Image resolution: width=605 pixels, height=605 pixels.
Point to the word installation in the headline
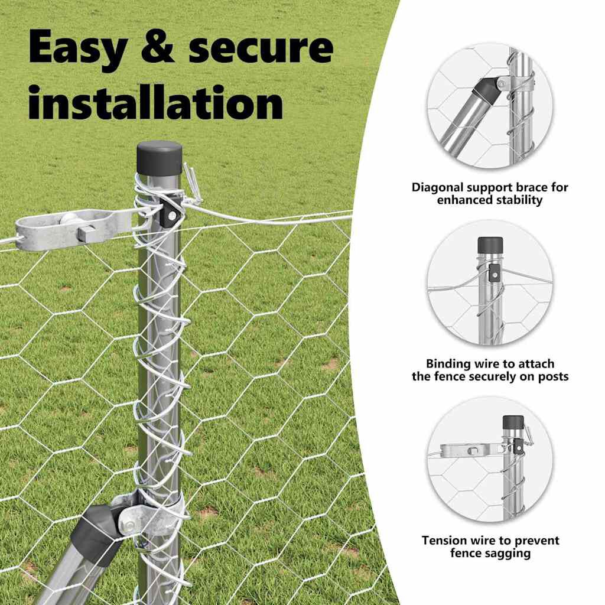pyautogui.click(x=155, y=103)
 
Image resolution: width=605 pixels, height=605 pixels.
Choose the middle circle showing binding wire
pyautogui.click(x=490, y=282)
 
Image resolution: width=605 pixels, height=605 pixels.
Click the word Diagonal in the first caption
pyautogui.click(x=438, y=188)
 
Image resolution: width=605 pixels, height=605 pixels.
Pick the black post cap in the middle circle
pyautogui.click(x=490, y=243)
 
